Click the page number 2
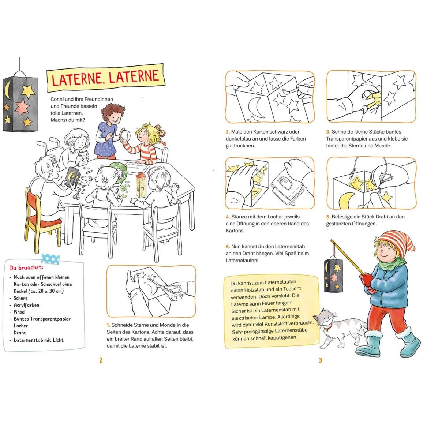click(x=101, y=360)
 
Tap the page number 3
click(x=320, y=360)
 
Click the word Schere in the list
click(x=21, y=298)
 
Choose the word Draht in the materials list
click(x=20, y=333)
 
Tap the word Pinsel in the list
click(x=20, y=312)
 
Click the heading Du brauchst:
click(x=26, y=267)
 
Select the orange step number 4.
click(x=228, y=217)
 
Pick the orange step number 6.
click(x=228, y=247)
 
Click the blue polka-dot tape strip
click(x=50, y=259)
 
